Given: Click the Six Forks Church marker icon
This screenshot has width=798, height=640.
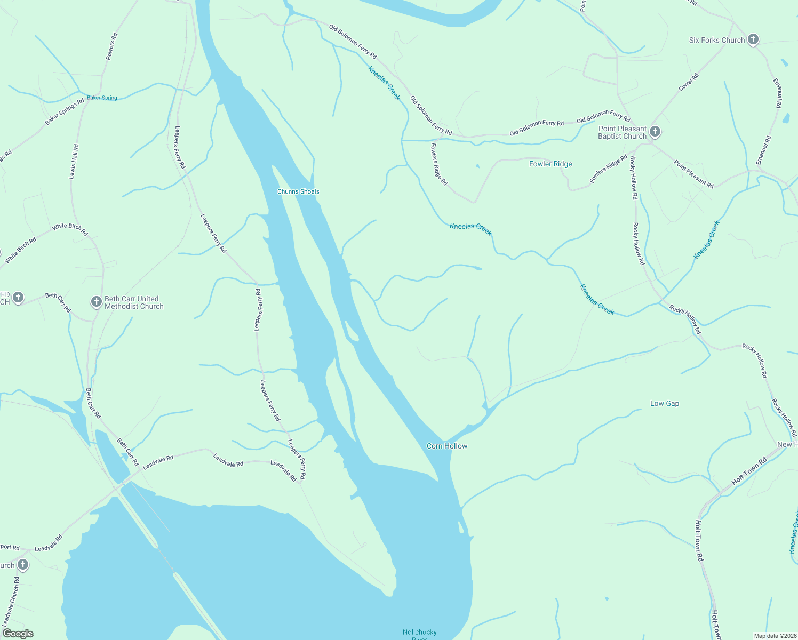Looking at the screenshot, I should pyautogui.click(x=753, y=39).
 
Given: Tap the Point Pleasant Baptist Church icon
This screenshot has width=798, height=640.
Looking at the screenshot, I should pyautogui.click(x=655, y=132).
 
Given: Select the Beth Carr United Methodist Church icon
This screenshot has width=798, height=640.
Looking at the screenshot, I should pyautogui.click(x=96, y=302).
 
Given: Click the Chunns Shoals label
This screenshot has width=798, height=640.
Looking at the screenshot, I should pyautogui.click(x=298, y=191).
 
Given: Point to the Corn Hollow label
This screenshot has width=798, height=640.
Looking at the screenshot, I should pyautogui.click(x=447, y=446).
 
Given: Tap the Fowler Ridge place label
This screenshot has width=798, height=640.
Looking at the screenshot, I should pyautogui.click(x=550, y=164).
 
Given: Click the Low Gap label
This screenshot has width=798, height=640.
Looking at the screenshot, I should pyautogui.click(x=665, y=403).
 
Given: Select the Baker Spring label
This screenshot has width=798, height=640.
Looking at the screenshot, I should pyautogui.click(x=102, y=98).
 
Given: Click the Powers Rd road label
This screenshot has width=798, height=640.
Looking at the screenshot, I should pyautogui.click(x=111, y=46).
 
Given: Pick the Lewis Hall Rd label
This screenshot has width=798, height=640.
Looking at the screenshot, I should pyautogui.click(x=74, y=162).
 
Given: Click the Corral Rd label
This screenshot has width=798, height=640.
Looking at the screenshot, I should pyautogui.click(x=689, y=82).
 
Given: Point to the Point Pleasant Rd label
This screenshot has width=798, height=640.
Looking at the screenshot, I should pyautogui.click(x=693, y=174).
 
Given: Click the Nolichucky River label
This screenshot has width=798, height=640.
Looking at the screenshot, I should pyautogui.click(x=420, y=633).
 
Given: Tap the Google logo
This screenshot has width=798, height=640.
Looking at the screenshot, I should pyautogui.click(x=18, y=634).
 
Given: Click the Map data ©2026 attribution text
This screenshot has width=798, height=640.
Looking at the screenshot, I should pyautogui.click(x=774, y=636).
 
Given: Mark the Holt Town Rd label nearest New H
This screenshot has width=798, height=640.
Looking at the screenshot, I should pyautogui.click(x=749, y=471).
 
